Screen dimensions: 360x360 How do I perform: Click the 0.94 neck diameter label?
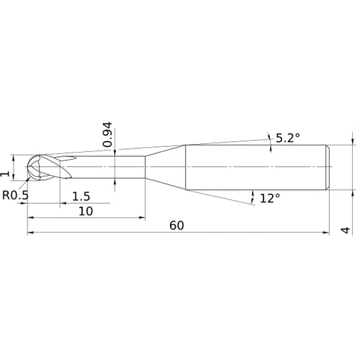pyautogui.click(x=107, y=135)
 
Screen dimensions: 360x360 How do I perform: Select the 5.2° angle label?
pyautogui.click(x=288, y=138)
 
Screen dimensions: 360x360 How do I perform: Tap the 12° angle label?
pyautogui.click(x=270, y=199)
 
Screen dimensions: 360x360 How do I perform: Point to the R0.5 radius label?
pyautogui.click(x=15, y=195)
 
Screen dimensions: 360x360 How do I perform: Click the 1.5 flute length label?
pyautogui.click(x=81, y=197)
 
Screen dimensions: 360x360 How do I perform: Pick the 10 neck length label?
pyautogui.click(x=86, y=212)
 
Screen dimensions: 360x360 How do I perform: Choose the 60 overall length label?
pyautogui.click(x=177, y=225)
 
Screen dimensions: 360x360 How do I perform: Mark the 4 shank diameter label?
pyautogui.click(x=346, y=230)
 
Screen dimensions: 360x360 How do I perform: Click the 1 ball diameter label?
pyautogui.click(x=5, y=174)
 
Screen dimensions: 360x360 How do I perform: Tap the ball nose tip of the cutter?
pyautogui.click(x=26, y=166)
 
